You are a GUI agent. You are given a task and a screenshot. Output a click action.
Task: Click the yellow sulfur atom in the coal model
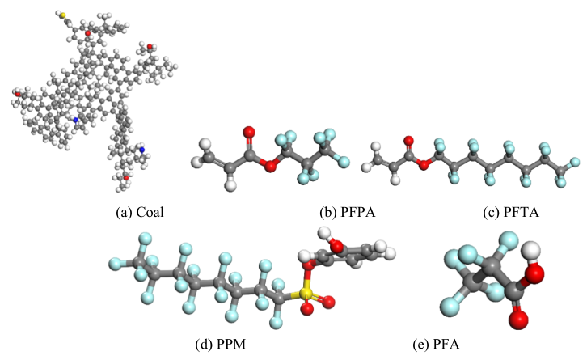[63, 15]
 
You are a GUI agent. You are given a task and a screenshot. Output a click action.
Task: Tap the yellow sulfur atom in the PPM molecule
[306, 293]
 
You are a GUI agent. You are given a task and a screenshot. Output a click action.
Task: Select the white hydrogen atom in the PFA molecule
[531, 250]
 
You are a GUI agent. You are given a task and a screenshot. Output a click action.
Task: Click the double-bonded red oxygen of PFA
[518, 320]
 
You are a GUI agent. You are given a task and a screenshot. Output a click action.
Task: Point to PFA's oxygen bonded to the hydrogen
[534, 273]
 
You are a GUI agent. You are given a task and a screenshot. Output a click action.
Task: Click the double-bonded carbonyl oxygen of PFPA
[249, 132]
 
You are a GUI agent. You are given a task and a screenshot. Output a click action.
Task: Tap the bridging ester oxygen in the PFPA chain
[269, 166]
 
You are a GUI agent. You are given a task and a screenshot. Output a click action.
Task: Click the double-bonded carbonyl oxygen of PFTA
[409, 142]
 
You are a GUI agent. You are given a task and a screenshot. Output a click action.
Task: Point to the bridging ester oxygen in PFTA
[424, 164]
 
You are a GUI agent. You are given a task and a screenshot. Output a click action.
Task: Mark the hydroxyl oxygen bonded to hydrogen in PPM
[337, 246]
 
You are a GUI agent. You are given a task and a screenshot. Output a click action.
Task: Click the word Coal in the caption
[150, 213]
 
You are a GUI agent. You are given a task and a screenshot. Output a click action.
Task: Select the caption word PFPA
[358, 213]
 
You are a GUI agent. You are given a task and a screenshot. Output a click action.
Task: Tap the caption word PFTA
[522, 213]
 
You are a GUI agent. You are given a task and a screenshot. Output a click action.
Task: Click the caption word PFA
[446, 344]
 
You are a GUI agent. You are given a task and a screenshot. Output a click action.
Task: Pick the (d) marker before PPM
[205, 345]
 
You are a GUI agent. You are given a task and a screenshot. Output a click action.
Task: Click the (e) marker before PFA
[421, 345]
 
